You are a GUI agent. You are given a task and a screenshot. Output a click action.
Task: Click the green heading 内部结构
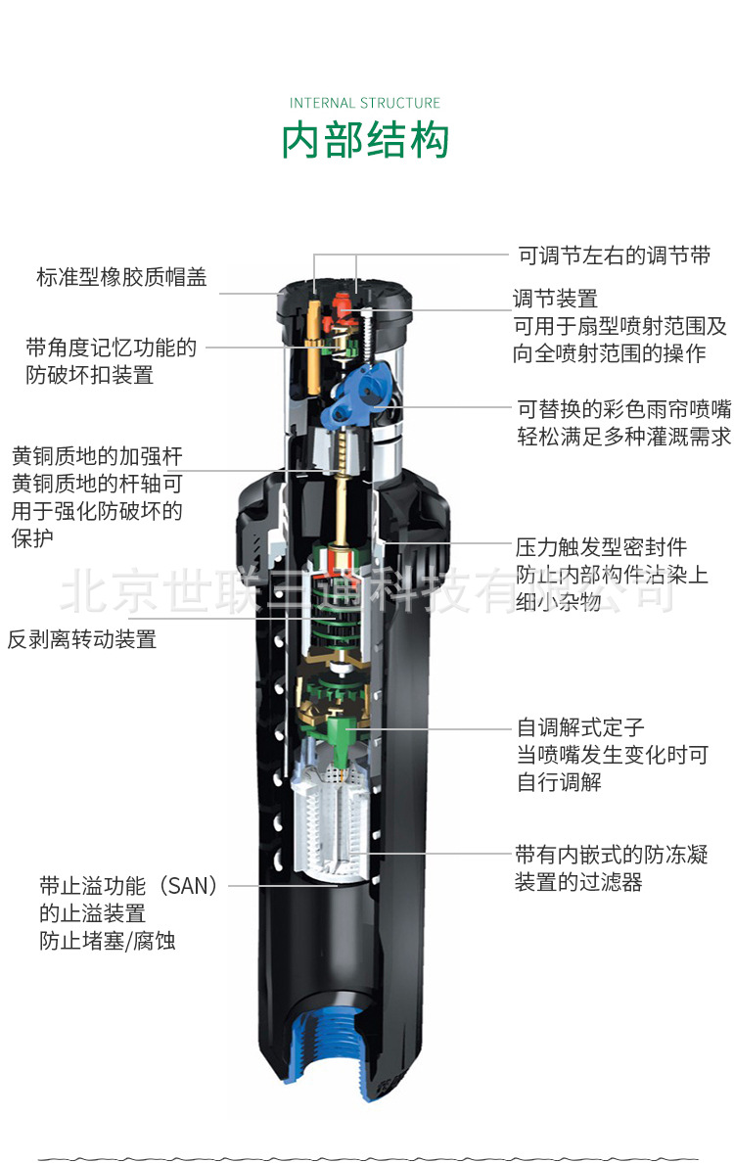click(365, 140)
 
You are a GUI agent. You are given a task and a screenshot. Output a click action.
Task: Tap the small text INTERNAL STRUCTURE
click(365, 103)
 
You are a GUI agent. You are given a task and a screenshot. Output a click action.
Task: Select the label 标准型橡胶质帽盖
click(121, 277)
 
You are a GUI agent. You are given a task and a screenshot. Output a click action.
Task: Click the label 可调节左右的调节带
click(614, 256)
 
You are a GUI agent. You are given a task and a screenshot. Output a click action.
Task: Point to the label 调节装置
click(555, 299)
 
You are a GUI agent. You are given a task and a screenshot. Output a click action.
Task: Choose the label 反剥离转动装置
click(82, 638)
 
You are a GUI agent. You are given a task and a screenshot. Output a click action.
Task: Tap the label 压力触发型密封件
click(601, 547)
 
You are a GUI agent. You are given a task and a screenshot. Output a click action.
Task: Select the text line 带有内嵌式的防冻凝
click(612, 855)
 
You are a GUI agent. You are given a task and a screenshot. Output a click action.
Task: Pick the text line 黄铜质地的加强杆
click(97, 456)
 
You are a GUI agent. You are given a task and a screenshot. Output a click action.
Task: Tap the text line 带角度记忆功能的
click(112, 348)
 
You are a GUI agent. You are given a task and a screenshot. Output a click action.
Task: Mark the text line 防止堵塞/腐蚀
click(108, 941)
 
